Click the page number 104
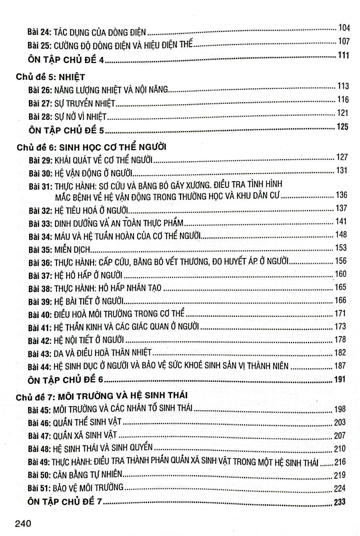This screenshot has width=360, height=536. [x=344, y=28]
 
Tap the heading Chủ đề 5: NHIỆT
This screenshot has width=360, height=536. [x=50, y=76]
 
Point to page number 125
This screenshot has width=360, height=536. [x=343, y=127]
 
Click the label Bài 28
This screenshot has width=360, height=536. [x=40, y=117]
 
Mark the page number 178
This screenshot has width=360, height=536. [x=340, y=339]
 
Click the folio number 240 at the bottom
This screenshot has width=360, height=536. [x=24, y=523]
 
